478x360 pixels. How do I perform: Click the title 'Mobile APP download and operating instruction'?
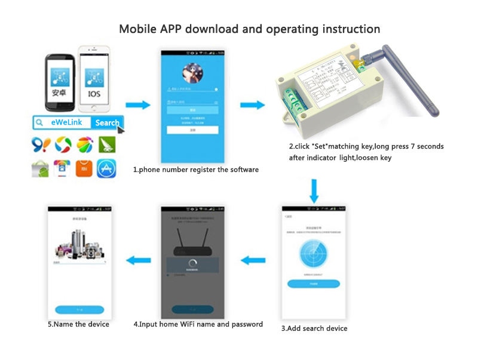click(249, 29)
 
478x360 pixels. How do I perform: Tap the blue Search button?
click(107, 122)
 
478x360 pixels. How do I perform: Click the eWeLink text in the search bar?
click(66, 122)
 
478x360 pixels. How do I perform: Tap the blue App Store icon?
click(107, 169)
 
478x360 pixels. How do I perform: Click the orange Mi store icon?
click(84, 169)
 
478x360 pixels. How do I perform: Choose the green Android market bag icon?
click(40, 169)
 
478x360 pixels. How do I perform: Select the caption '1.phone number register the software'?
click(196, 170)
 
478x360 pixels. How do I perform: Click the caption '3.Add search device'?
click(314, 328)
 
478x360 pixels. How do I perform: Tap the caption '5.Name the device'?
click(78, 324)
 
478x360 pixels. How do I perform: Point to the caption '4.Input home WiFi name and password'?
click(198, 324)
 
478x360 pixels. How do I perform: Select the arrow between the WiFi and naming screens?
click(137, 259)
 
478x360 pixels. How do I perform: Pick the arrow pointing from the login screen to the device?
click(252, 106)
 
